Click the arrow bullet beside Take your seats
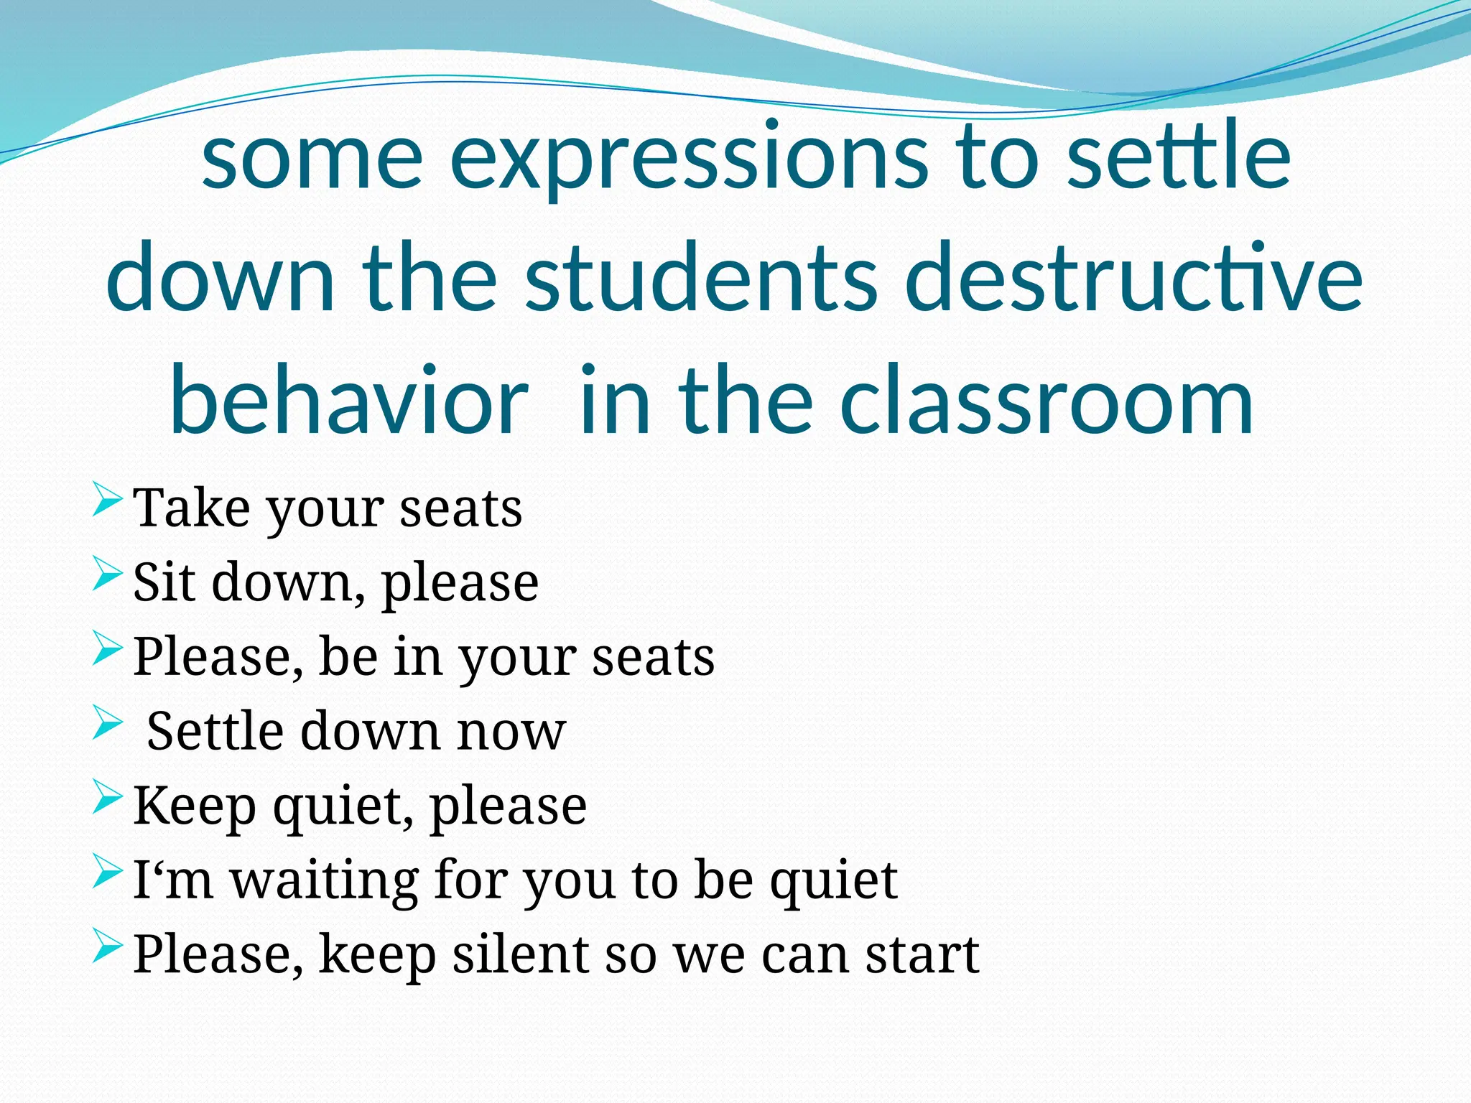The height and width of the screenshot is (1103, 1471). click(x=107, y=500)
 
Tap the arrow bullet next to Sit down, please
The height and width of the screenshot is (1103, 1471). click(x=107, y=574)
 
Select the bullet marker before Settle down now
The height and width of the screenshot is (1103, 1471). click(x=107, y=722)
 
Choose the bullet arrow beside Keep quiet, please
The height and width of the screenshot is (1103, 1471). click(x=107, y=797)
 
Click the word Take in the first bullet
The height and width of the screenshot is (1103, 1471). click(x=192, y=508)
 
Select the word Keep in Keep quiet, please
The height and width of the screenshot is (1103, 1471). click(x=194, y=806)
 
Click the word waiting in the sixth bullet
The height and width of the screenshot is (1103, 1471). click(x=324, y=880)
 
